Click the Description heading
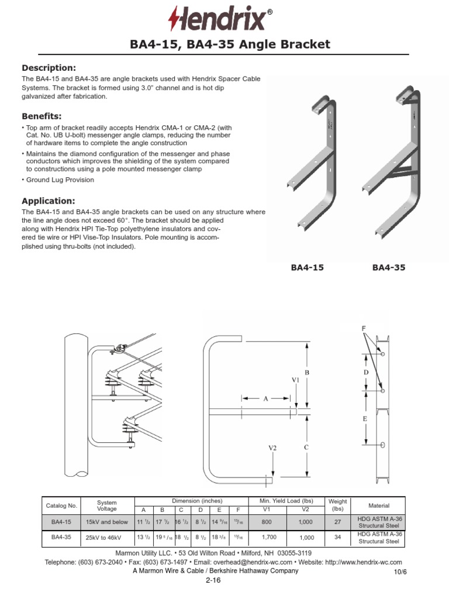(49, 68)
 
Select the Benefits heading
(42, 116)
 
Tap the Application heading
(49, 201)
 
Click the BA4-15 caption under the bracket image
(307, 267)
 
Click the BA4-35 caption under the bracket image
(389, 267)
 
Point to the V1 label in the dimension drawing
(296, 380)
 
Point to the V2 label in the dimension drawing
(272, 447)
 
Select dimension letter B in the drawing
(306, 373)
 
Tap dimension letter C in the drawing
(306, 447)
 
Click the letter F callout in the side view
(363, 329)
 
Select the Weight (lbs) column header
(338, 505)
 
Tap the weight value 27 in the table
(338, 522)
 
